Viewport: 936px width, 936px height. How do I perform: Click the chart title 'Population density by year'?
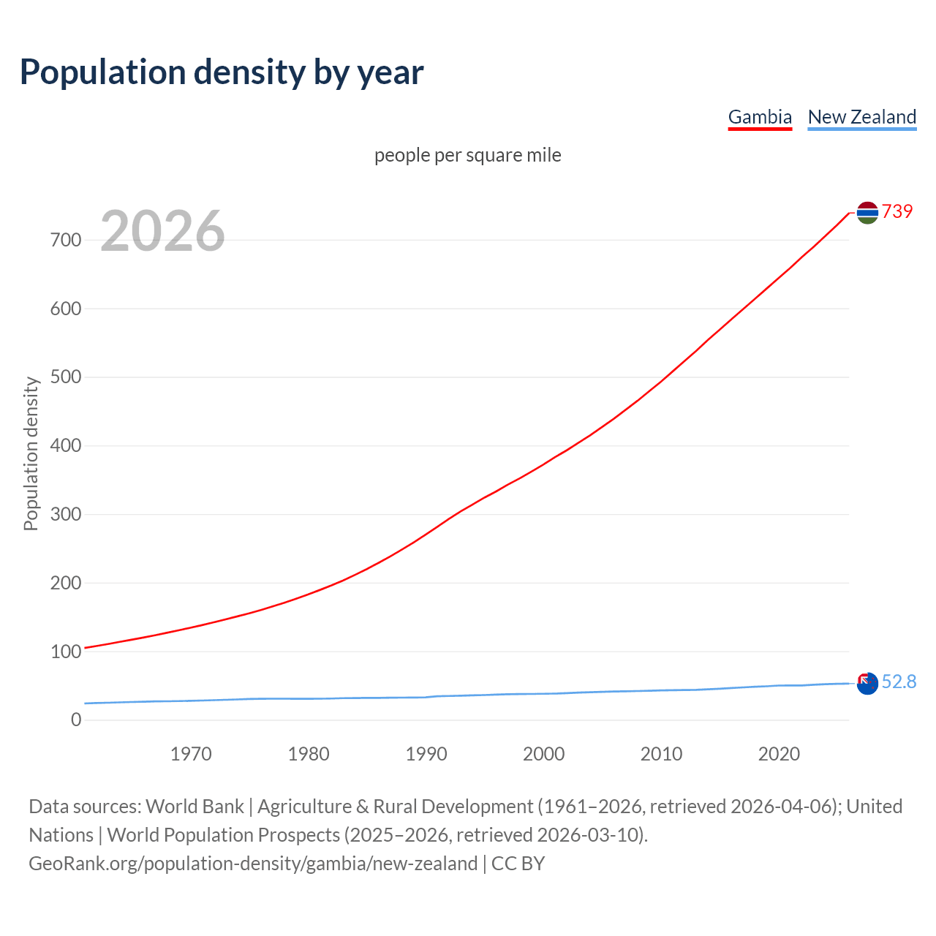click(222, 72)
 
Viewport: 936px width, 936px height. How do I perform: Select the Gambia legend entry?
click(760, 117)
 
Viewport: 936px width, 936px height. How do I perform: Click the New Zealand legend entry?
click(861, 117)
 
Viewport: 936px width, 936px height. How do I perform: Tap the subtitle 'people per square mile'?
click(467, 155)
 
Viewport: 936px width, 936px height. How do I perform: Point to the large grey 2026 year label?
click(162, 231)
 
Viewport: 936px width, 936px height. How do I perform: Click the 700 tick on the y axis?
click(66, 240)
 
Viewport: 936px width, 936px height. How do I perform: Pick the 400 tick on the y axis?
click(66, 445)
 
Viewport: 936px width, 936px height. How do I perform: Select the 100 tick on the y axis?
click(66, 652)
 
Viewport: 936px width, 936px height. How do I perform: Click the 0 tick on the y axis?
click(76, 720)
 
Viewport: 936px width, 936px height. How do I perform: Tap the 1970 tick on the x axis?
click(191, 754)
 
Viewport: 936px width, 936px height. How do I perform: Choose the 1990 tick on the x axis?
click(426, 754)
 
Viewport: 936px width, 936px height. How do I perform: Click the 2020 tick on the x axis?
click(779, 754)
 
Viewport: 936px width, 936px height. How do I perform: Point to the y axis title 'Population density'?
click(31, 453)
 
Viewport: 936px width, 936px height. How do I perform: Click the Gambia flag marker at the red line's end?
click(867, 212)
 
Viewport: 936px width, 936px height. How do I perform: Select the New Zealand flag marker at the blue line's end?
click(867, 684)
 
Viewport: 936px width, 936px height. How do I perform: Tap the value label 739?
click(897, 211)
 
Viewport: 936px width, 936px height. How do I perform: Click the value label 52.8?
click(899, 682)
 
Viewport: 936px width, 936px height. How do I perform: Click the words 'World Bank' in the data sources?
click(195, 806)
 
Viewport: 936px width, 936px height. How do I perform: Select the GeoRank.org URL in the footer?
click(253, 863)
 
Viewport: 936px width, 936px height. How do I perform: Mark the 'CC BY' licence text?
click(518, 863)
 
